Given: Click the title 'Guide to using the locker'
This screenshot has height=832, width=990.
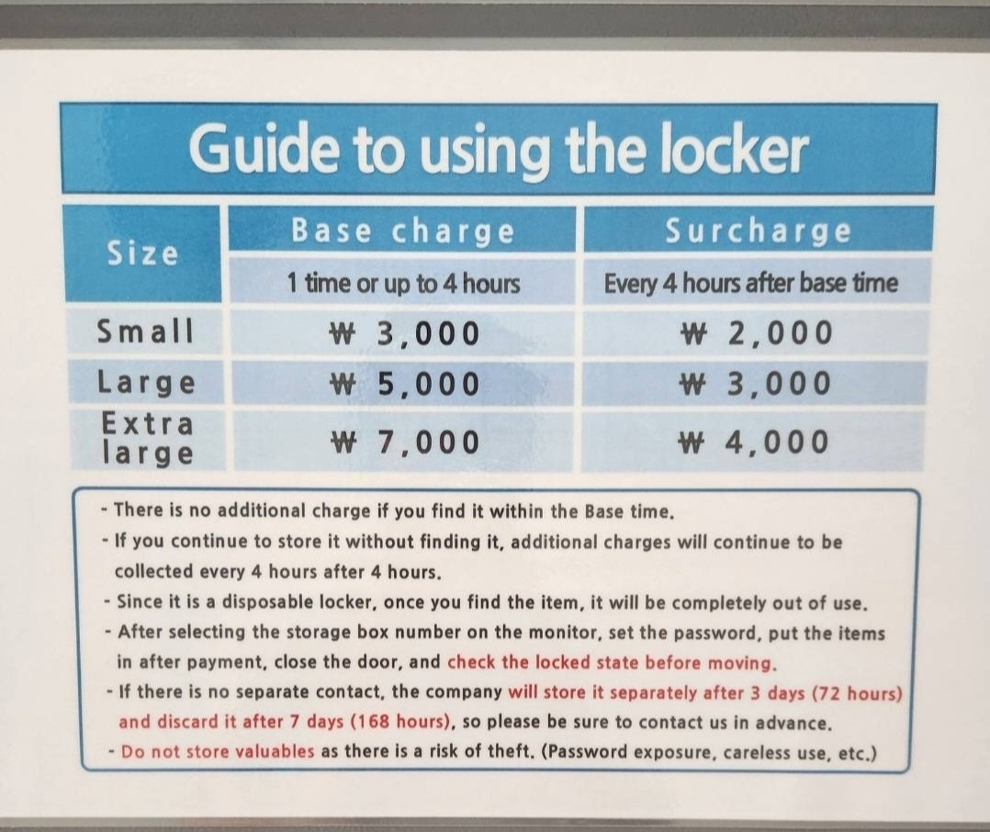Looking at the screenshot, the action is click(x=498, y=149).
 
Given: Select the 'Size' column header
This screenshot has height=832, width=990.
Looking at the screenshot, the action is click(x=142, y=253).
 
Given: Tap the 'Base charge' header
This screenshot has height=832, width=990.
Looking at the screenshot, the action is click(x=403, y=231).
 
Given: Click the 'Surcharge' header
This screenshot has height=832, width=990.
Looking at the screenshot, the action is click(x=759, y=231).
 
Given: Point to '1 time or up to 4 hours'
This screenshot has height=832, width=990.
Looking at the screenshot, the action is click(x=403, y=283).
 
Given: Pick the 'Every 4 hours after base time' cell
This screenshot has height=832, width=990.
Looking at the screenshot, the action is click(x=750, y=283).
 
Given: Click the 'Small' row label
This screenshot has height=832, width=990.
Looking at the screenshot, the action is click(x=145, y=331).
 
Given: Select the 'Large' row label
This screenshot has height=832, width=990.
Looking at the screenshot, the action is click(x=146, y=383).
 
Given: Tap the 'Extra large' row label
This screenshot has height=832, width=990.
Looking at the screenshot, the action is click(x=147, y=438).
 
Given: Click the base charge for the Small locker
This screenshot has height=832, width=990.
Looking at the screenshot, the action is click(x=405, y=333).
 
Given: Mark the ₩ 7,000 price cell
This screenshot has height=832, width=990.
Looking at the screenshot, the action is click(x=405, y=442).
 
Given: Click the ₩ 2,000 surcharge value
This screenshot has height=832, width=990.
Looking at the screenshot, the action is click(x=756, y=333).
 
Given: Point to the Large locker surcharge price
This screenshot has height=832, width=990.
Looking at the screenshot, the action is click(x=755, y=384).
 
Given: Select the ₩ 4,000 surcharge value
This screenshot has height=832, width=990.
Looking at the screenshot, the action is click(x=753, y=442).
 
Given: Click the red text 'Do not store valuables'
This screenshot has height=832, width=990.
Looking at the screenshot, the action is click(x=217, y=751).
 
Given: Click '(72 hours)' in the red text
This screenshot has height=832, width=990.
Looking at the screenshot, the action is click(x=858, y=692).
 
